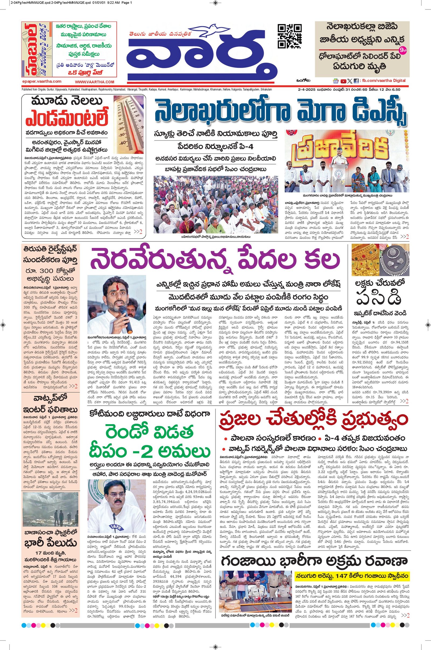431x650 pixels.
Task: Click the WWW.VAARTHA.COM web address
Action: pyautogui.click(x=94, y=82)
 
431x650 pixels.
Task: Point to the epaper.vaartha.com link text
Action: pyautogui.click(x=41, y=82)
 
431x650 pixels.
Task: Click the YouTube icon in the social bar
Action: pyautogui.click(x=343, y=81)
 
